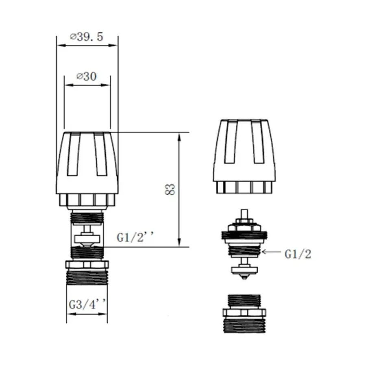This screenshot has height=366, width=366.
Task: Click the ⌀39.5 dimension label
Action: [x=87, y=37]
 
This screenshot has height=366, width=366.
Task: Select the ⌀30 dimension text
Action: [x=87, y=76]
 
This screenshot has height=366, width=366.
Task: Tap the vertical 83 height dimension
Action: [x=171, y=189]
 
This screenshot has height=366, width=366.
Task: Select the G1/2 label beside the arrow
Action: [x=298, y=254]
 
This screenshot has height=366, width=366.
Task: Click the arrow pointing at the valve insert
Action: [x=272, y=253]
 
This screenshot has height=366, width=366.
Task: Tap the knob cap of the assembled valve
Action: [x=87, y=163]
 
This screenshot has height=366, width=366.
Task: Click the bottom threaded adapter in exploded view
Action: [x=246, y=315]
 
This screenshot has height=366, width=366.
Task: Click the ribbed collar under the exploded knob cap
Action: [x=245, y=187]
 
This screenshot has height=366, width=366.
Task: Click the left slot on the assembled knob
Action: [x=73, y=155]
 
